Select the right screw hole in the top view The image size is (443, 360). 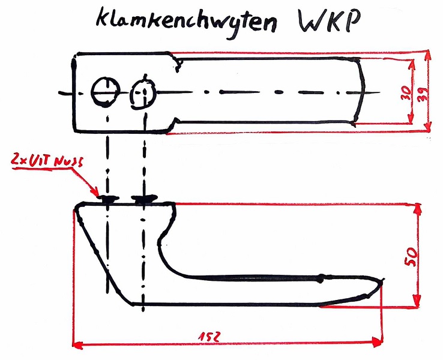point(143,93)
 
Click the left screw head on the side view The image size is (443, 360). point(107,198)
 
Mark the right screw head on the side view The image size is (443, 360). point(144,199)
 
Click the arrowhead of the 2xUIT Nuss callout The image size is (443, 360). point(97,194)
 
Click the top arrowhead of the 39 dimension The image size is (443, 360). point(427,55)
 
